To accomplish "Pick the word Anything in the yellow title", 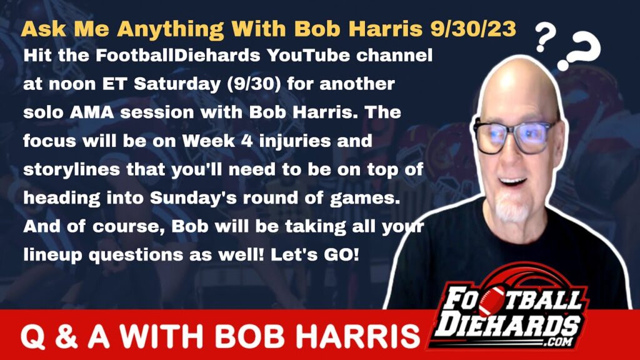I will (174, 29).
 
